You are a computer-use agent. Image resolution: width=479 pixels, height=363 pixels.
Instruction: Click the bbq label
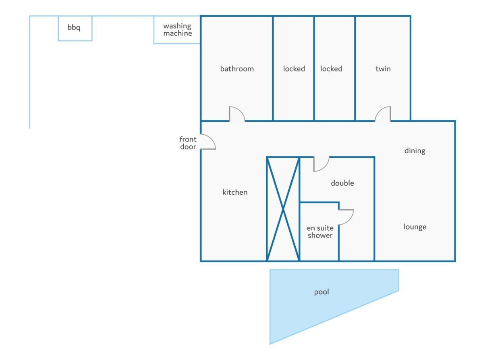click(74, 27)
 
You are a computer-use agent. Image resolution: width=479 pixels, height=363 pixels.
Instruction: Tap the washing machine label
click(178, 30)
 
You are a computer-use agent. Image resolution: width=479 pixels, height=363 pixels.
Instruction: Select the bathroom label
click(237, 69)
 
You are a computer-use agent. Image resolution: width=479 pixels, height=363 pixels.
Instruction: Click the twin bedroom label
click(383, 69)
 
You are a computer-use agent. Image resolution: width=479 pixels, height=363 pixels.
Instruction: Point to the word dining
click(415, 151)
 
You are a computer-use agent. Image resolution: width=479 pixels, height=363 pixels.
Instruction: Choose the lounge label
click(415, 227)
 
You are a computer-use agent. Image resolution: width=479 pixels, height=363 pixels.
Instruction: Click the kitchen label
click(234, 192)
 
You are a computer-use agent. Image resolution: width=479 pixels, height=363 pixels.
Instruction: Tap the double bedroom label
click(342, 183)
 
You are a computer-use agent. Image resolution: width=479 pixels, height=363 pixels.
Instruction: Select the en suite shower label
click(320, 232)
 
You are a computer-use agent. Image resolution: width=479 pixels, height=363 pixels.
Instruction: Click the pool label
click(321, 292)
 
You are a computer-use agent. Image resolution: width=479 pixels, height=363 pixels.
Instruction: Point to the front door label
click(188, 143)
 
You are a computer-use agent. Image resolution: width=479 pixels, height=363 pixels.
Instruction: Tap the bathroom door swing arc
click(240, 110)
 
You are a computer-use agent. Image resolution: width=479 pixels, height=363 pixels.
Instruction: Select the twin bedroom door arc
click(379, 111)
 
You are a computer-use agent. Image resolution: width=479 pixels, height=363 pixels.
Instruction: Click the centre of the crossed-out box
click(283, 209)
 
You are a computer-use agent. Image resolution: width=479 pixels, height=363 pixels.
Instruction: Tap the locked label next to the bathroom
click(294, 69)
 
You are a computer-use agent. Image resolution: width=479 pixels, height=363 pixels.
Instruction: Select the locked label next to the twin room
click(331, 69)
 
